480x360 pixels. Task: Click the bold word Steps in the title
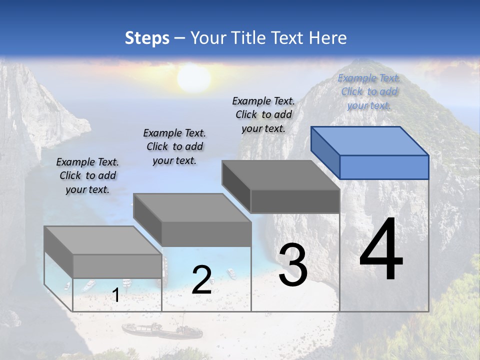click(147, 38)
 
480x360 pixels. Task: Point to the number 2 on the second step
click(201, 280)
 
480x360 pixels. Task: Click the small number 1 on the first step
click(115, 295)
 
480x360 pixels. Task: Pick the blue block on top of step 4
click(370, 152)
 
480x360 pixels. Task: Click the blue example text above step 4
click(369, 91)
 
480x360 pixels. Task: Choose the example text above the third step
click(263, 114)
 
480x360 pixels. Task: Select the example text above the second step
click(174, 146)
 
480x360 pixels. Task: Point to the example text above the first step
click(87, 175)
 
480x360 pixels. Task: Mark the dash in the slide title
click(179, 38)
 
